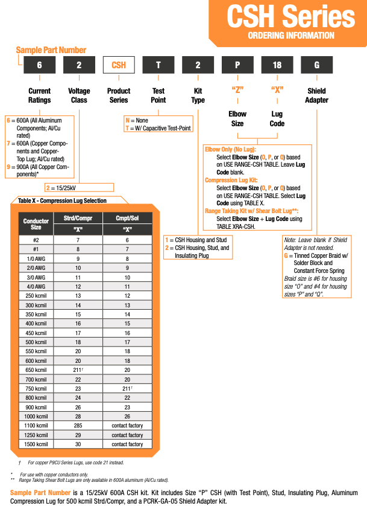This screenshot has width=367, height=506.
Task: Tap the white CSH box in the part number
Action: (x=119, y=65)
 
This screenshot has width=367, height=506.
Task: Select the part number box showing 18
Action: (x=277, y=65)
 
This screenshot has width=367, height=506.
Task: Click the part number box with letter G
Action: (x=316, y=65)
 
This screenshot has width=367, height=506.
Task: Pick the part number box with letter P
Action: (x=237, y=65)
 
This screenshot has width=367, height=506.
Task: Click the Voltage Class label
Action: (x=79, y=95)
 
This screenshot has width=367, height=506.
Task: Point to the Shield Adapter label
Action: (x=316, y=95)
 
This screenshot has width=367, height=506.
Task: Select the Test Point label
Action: (x=158, y=95)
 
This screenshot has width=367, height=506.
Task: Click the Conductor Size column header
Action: (x=36, y=224)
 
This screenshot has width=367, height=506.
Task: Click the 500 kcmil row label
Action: (x=36, y=342)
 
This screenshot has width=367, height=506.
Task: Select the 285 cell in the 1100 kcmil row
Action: (x=78, y=426)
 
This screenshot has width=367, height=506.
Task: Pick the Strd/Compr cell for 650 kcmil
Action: (x=78, y=370)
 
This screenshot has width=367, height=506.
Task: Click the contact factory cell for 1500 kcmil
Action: (x=127, y=444)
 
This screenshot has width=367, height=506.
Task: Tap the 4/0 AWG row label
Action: (x=36, y=286)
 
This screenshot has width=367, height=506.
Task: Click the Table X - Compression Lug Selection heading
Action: (x=62, y=200)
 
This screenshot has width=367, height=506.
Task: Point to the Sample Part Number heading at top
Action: (x=51, y=50)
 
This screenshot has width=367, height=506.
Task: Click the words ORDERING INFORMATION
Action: (x=290, y=36)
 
